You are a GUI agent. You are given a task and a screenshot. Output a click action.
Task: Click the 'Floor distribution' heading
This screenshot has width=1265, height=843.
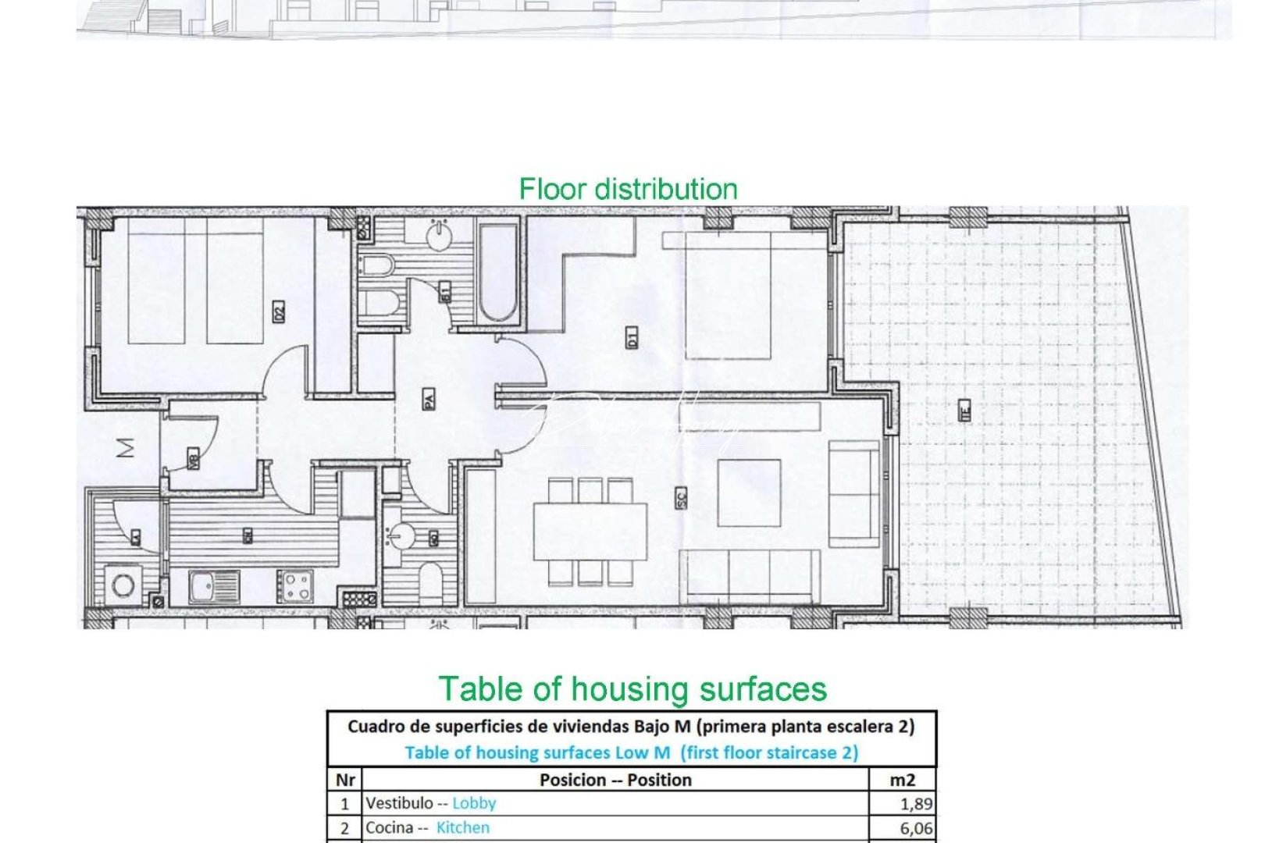click(x=628, y=190)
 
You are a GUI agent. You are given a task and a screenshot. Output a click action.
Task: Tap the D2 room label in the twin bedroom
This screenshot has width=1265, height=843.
click(x=279, y=311)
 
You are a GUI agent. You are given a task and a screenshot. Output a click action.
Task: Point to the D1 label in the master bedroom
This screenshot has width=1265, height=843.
click(x=632, y=337)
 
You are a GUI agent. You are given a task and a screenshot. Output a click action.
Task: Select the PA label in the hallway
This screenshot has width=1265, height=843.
click(x=429, y=400)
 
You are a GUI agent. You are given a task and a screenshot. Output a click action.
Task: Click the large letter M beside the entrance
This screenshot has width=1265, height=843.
click(x=125, y=447)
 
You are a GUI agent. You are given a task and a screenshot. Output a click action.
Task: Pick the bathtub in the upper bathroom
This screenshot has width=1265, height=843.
click(x=497, y=272)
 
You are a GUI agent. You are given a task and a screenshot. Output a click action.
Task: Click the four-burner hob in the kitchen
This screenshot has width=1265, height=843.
click(x=294, y=587)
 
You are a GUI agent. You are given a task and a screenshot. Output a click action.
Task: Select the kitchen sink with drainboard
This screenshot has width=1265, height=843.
click(x=214, y=587)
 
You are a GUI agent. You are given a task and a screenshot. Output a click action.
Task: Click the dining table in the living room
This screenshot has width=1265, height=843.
click(x=590, y=532)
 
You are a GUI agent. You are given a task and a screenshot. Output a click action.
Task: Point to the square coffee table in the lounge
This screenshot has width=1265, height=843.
click(x=749, y=493)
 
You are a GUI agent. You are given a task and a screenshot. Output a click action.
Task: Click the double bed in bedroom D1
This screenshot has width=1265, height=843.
click(x=728, y=295)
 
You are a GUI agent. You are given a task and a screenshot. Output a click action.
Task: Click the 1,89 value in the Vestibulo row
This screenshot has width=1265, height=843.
click(x=916, y=803)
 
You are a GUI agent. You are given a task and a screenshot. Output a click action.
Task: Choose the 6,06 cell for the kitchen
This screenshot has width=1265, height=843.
click(x=916, y=828)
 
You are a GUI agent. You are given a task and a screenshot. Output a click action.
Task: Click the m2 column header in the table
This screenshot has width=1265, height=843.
click(x=903, y=780)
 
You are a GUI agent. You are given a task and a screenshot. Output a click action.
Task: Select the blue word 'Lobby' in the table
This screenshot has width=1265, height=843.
click(x=474, y=803)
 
